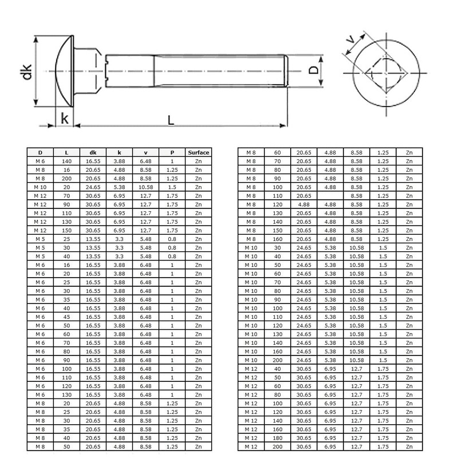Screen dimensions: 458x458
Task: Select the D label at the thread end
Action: pyautogui.click(x=313, y=70)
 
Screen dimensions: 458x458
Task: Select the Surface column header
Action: pyautogui.click(x=199, y=153)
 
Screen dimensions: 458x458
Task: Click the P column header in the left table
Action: pyautogui.click(x=172, y=153)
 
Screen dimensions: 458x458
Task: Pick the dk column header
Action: pyautogui.click(x=93, y=153)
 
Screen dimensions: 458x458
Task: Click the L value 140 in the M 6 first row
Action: pyautogui.click(x=67, y=161)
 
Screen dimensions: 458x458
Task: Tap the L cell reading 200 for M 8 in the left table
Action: pyautogui.click(x=67, y=179)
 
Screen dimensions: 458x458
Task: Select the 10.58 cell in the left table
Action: pyautogui.click(x=146, y=187)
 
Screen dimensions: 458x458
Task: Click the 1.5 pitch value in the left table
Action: pyautogui.click(x=172, y=187)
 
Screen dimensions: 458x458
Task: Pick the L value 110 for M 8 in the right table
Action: pyautogui.click(x=277, y=196)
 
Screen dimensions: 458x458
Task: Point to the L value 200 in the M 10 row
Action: pyautogui.click(x=277, y=360)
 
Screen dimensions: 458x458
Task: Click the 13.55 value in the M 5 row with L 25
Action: pyautogui.click(x=93, y=239)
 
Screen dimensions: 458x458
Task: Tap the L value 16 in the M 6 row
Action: pyautogui.click(x=67, y=265)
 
